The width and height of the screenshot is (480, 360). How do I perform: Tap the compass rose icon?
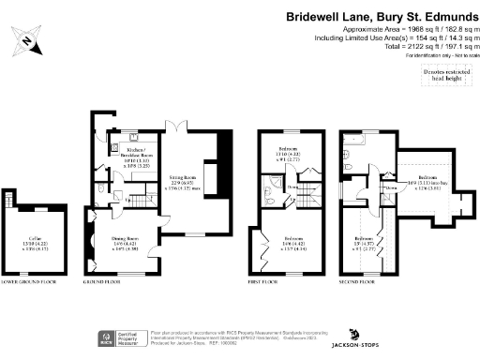point(28,39)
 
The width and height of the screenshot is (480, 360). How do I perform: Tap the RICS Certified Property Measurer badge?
point(112,338)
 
